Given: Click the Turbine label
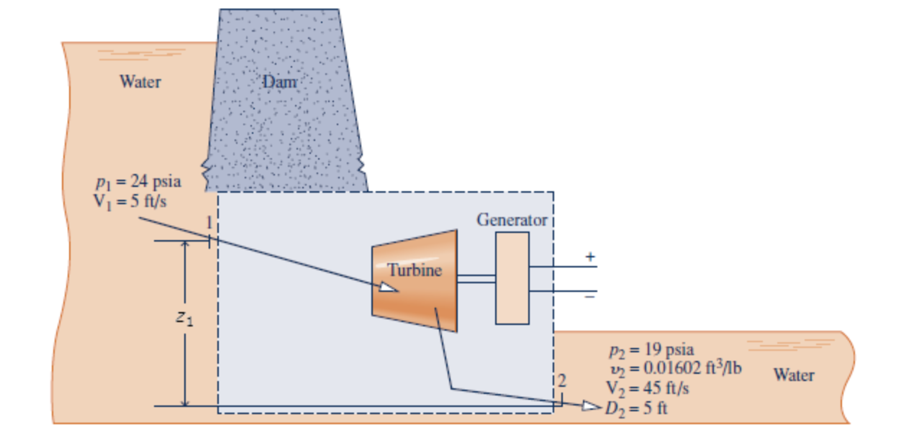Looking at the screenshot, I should [415, 271].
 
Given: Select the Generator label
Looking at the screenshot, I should [512, 219].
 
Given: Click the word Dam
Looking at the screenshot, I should [279, 82].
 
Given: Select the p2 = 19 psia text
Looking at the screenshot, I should [651, 350].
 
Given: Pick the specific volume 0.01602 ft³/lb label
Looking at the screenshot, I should [675, 370].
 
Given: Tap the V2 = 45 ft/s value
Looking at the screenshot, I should [648, 389].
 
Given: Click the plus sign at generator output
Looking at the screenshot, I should [591, 257].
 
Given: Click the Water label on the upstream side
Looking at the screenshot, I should [140, 81].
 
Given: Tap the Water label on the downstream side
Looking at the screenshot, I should [794, 375].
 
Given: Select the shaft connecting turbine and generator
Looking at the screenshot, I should [476, 278].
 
